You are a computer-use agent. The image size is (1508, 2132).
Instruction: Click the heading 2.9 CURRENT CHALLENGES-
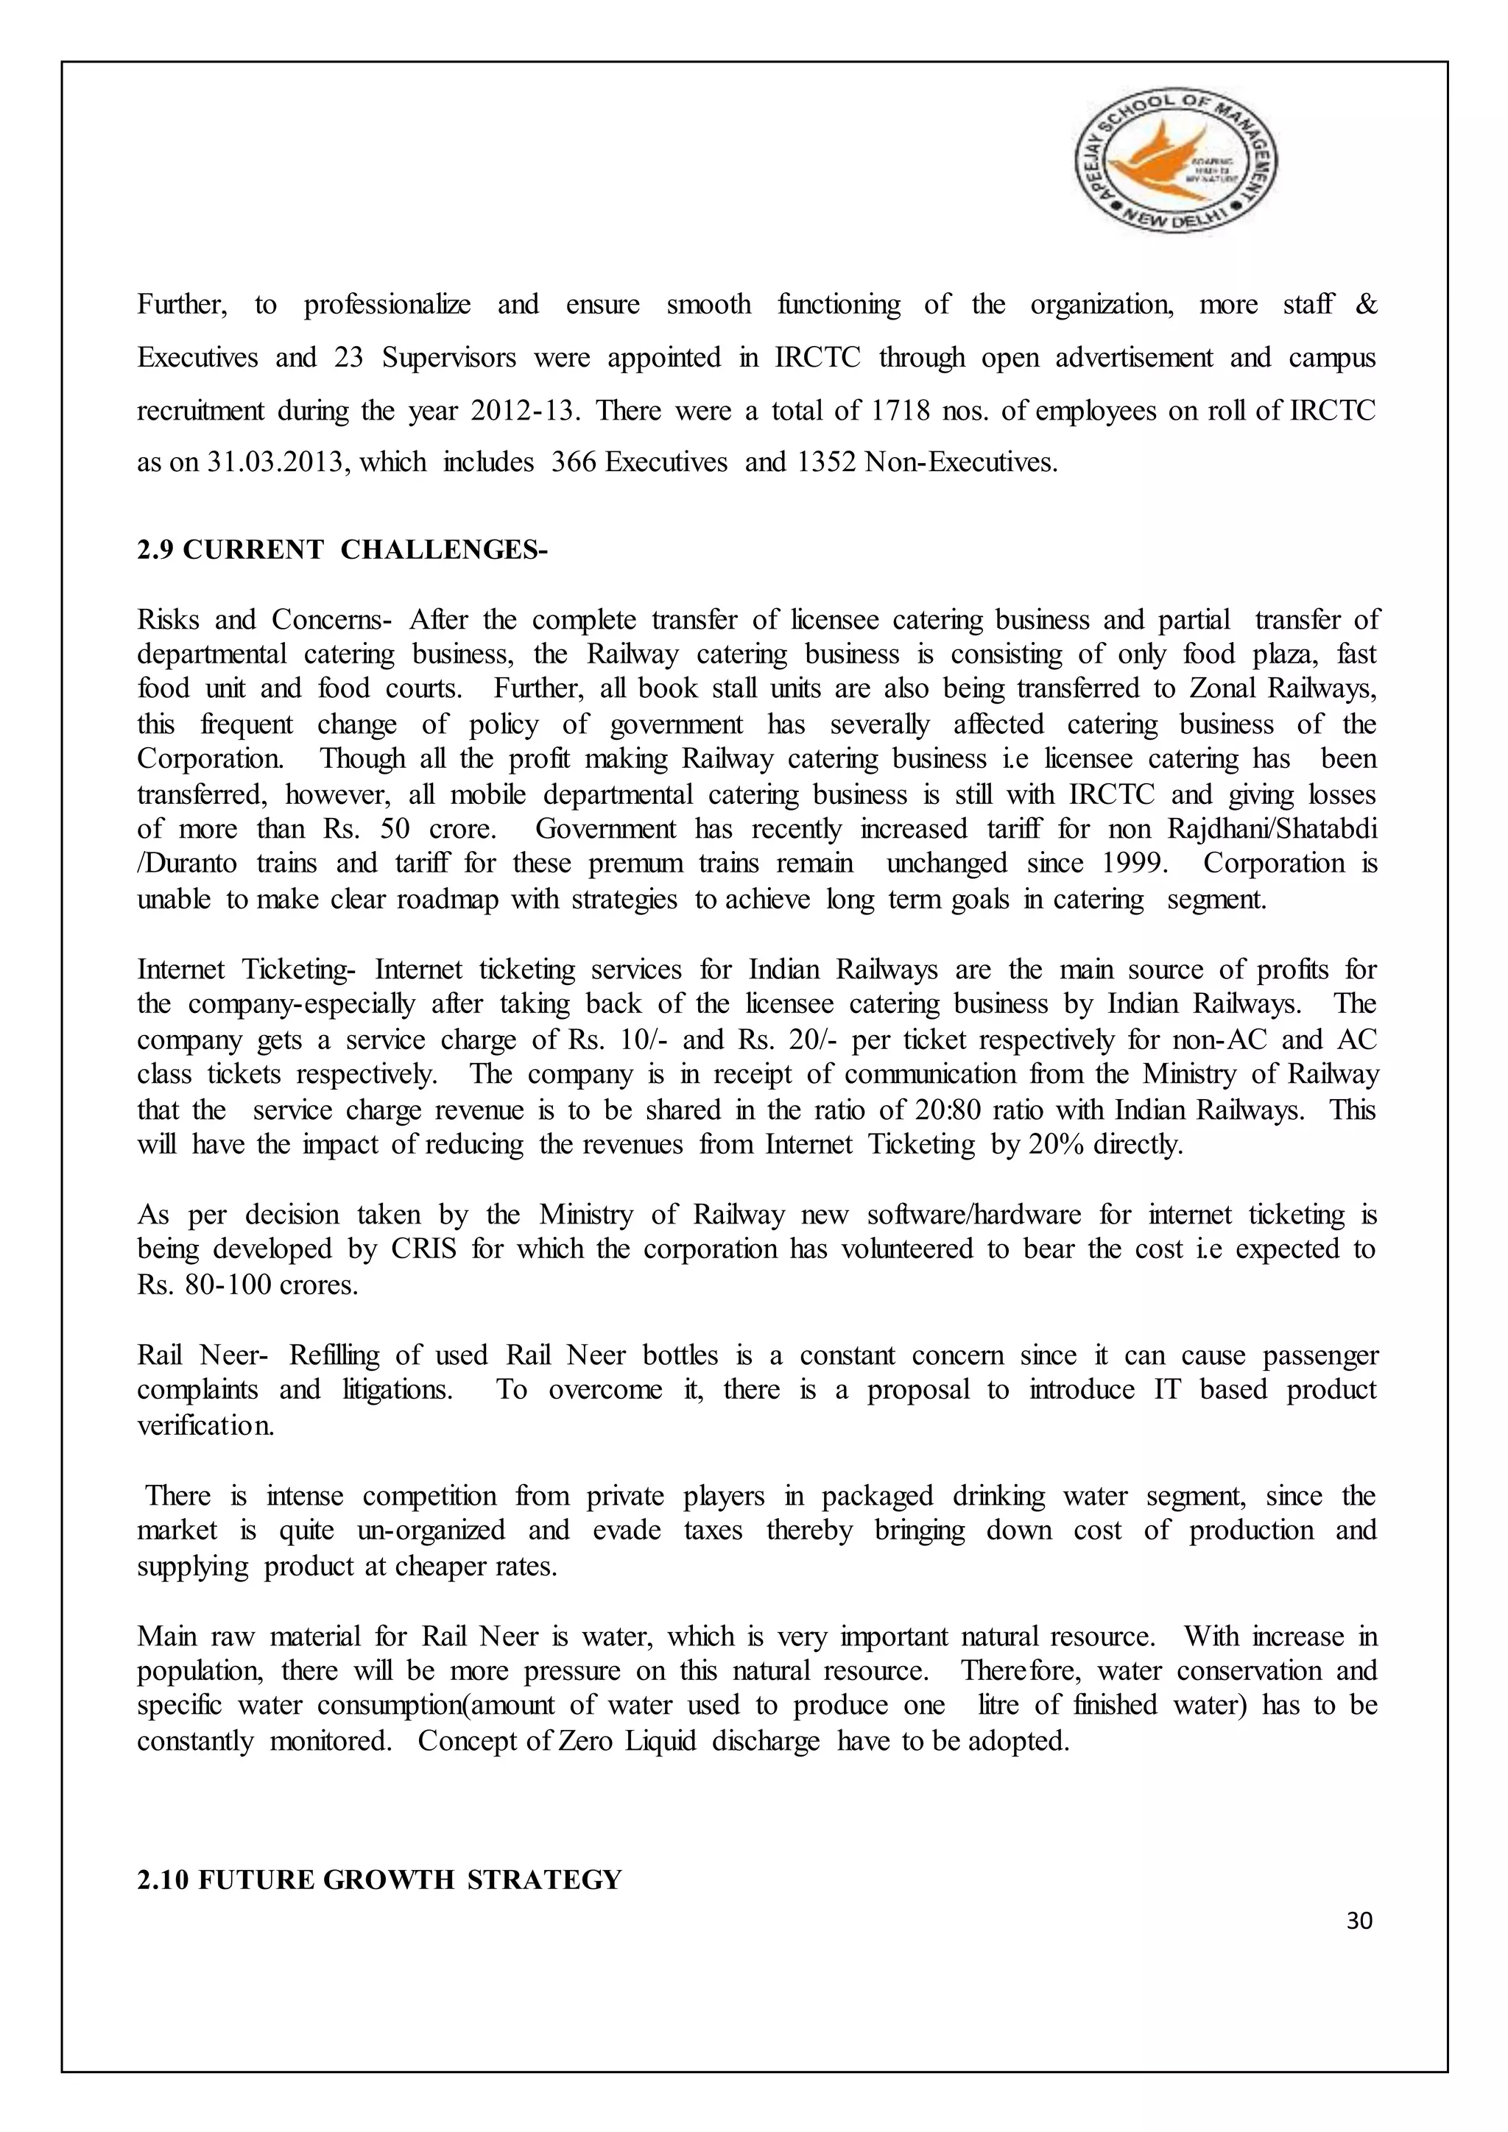coord(342,550)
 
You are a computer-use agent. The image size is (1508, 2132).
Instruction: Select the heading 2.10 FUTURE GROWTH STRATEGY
coord(379,1881)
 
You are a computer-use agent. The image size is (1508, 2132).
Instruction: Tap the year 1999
coord(1132,864)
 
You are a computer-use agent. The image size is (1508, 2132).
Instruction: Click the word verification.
coord(205,1426)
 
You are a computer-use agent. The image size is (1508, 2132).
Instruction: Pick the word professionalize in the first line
coord(387,306)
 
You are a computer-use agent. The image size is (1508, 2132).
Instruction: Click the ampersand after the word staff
coord(1366,306)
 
